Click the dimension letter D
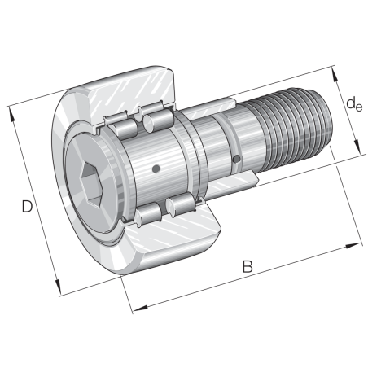26,208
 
